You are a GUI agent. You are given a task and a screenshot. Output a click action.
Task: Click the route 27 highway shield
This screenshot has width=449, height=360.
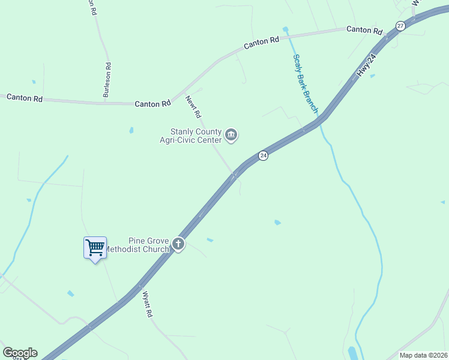[400, 25]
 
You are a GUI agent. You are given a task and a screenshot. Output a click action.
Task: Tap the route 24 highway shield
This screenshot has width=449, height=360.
[263, 156]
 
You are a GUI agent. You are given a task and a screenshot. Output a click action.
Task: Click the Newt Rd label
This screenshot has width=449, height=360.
[193, 106]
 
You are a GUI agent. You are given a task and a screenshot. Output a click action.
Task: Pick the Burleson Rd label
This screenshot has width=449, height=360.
[107, 80]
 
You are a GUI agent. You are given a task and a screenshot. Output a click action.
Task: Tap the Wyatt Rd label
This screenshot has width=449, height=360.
[148, 304]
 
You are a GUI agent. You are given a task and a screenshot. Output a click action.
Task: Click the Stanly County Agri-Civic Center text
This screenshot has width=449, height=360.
[196, 136]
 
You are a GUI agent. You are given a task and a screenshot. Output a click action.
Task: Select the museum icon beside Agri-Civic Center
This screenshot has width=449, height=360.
[232, 136]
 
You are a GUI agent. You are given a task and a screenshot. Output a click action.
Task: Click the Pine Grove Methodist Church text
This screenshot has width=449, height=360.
[143, 245]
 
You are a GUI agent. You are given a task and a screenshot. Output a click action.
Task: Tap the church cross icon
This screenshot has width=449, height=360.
[178, 244]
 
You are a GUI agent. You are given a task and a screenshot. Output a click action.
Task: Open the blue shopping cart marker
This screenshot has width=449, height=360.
[95, 247]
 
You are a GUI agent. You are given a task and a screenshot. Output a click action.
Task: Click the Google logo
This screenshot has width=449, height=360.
[20, 353]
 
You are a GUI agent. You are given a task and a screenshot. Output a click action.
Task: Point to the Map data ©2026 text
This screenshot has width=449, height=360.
[423, 355]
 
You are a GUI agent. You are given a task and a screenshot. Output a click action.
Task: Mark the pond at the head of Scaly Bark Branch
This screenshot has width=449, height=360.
[285, 29]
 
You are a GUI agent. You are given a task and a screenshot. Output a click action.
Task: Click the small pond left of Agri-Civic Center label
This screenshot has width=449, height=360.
[131, 130]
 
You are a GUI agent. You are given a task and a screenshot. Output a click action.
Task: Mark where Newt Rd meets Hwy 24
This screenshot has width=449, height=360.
[235, 175]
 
